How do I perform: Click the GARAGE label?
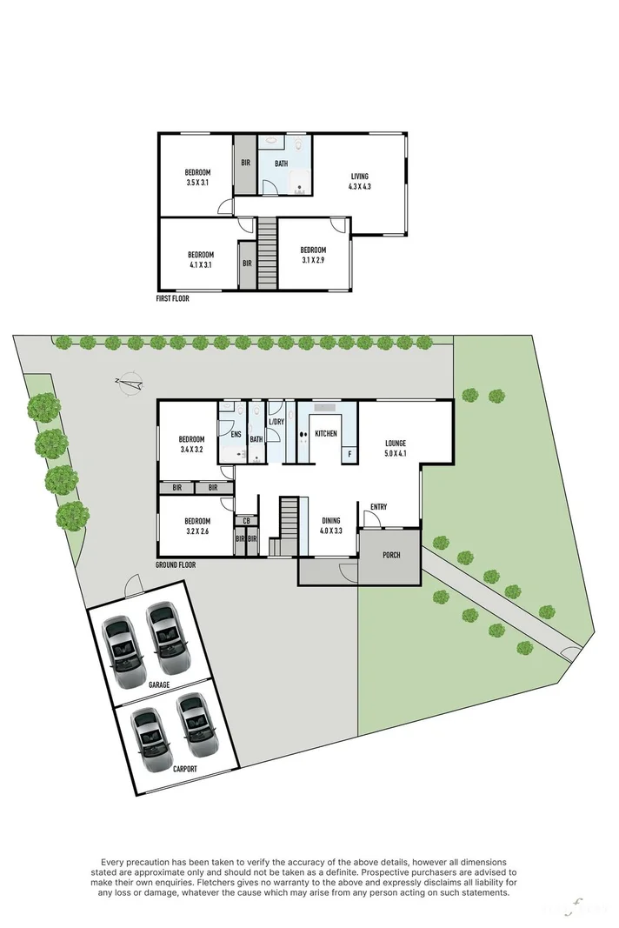click(158, 684)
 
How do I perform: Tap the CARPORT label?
click(184, 769)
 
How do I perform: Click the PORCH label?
click(390, 554)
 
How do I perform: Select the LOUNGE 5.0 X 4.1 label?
click(396, 448)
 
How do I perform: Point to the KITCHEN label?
click(326, 433)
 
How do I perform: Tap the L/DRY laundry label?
click(276, 422)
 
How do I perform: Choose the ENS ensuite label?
click(235, 434)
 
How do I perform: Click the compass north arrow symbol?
click(130, 382)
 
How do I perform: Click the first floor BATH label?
click(282, 164)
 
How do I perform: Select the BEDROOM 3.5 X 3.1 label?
click(198, 177)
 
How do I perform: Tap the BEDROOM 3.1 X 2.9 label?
click(314, 254)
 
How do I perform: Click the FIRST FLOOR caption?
click(172, 298)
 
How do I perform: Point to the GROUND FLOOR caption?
click(175, 564)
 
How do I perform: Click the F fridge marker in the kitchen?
click(349, 453)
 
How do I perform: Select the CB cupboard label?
click(246, 521)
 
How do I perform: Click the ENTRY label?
click(378, 507)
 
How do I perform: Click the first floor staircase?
click(266, 253)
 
